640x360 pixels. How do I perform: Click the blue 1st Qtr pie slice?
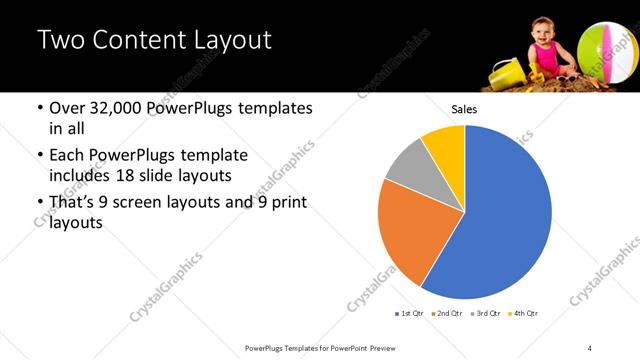(500, 220)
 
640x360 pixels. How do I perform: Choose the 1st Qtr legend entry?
(410, 314)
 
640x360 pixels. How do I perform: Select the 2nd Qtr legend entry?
(446, 314)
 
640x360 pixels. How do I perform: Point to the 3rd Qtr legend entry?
(484, 314)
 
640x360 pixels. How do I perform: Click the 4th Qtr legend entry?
(523, 314)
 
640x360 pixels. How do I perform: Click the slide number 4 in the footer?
(590, 347)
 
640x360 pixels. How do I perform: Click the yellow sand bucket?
(506, 73)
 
